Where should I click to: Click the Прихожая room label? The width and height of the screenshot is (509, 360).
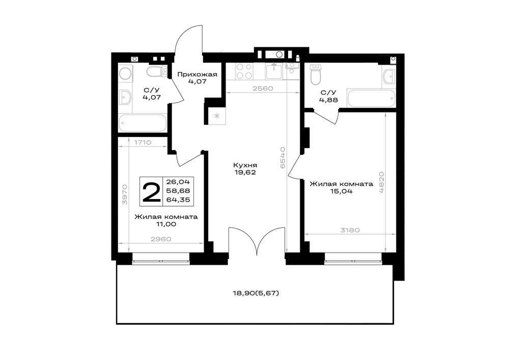(x=197, y=75)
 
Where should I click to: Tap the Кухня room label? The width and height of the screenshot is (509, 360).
(x=245, y=165)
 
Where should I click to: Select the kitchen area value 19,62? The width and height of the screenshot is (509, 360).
(x=245, y=173)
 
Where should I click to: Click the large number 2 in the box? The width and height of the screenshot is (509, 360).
(x=151, y=192)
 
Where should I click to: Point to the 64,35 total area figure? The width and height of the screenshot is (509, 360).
(x=178, y=200)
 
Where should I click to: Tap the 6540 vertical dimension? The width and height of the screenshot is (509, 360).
(x=282, y=157)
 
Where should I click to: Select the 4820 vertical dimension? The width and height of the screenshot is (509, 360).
(x=381, y=182)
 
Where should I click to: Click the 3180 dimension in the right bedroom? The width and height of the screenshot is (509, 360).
(x=350, y=230)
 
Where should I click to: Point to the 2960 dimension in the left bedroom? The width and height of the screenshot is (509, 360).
(x=161, y=239)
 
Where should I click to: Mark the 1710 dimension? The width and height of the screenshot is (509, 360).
(x=143, y=142)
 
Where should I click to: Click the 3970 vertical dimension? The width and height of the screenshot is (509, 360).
(x=125, y=194)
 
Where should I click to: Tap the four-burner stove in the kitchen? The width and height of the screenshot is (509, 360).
(x=244, y=71)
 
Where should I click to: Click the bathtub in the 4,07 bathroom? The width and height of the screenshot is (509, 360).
(x=143, y=123)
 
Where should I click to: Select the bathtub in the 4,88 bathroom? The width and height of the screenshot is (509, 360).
(x=372, y=98)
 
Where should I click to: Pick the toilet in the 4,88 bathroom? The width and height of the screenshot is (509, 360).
(x=316, y=74)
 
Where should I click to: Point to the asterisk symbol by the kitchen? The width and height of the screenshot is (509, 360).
(x=216, y=116)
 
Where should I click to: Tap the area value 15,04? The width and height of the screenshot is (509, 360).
(x=341, y=191)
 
